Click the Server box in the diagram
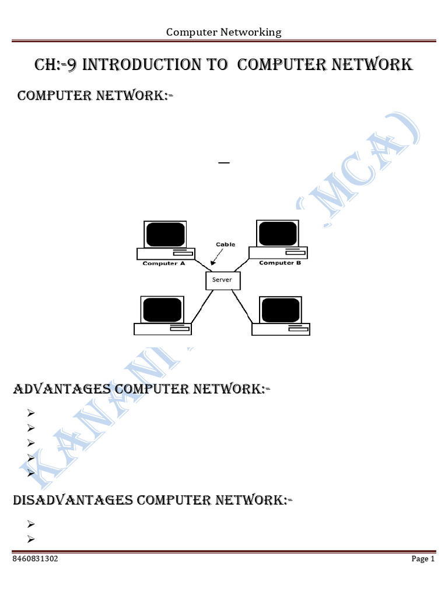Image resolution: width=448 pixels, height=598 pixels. click(x=222, y=280)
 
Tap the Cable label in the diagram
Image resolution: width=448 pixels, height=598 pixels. click(x=225, y=245)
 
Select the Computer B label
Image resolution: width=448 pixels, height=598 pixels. click(x=280, y=263)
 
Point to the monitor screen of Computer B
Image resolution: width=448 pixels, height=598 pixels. click(x=278, y=234)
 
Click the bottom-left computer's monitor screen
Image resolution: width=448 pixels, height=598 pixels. click(x=163, y=310)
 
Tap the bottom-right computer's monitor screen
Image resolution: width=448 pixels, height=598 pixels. click(x=281, y=310)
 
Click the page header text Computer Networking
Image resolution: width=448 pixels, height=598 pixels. click(x=223, y=32)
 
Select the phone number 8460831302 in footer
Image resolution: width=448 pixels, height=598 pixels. click(x=35, y=559)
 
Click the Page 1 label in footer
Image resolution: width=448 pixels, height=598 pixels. click(x=423, y=559)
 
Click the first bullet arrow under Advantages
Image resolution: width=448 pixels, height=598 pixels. click(x=32, y=413)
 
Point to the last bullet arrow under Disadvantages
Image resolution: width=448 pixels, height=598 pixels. click(x=32, y=538)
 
